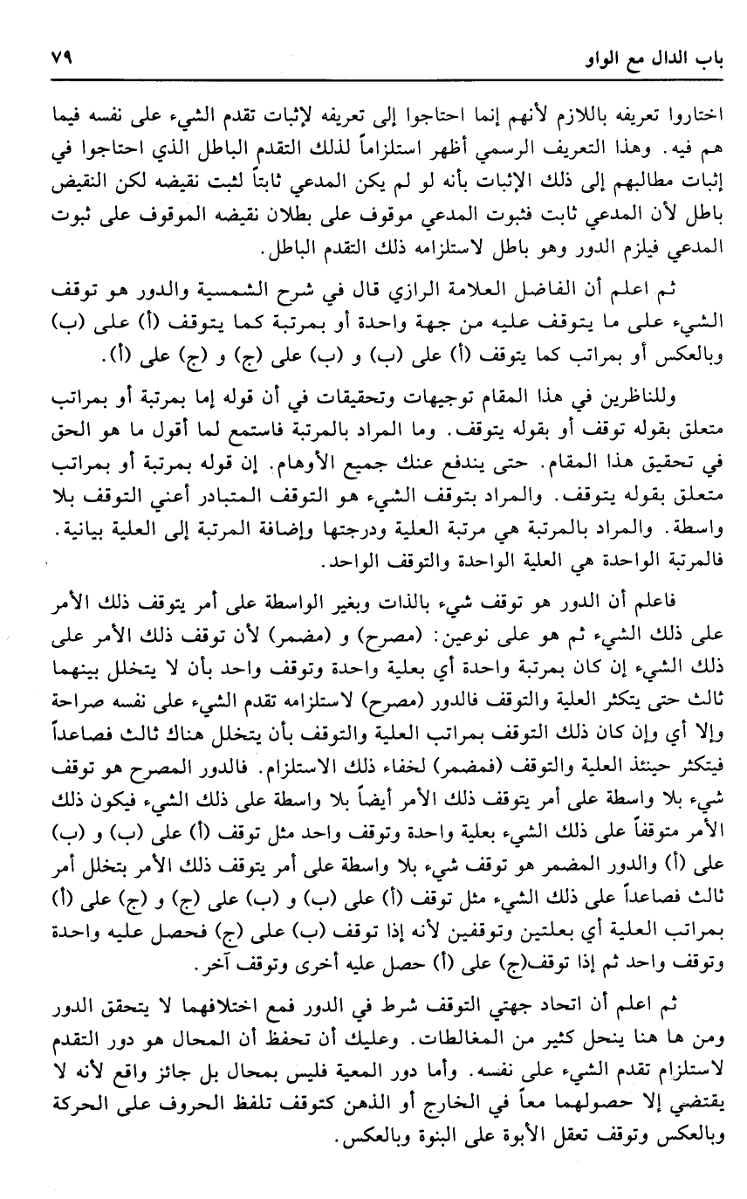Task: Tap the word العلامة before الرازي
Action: click(515, 290)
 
